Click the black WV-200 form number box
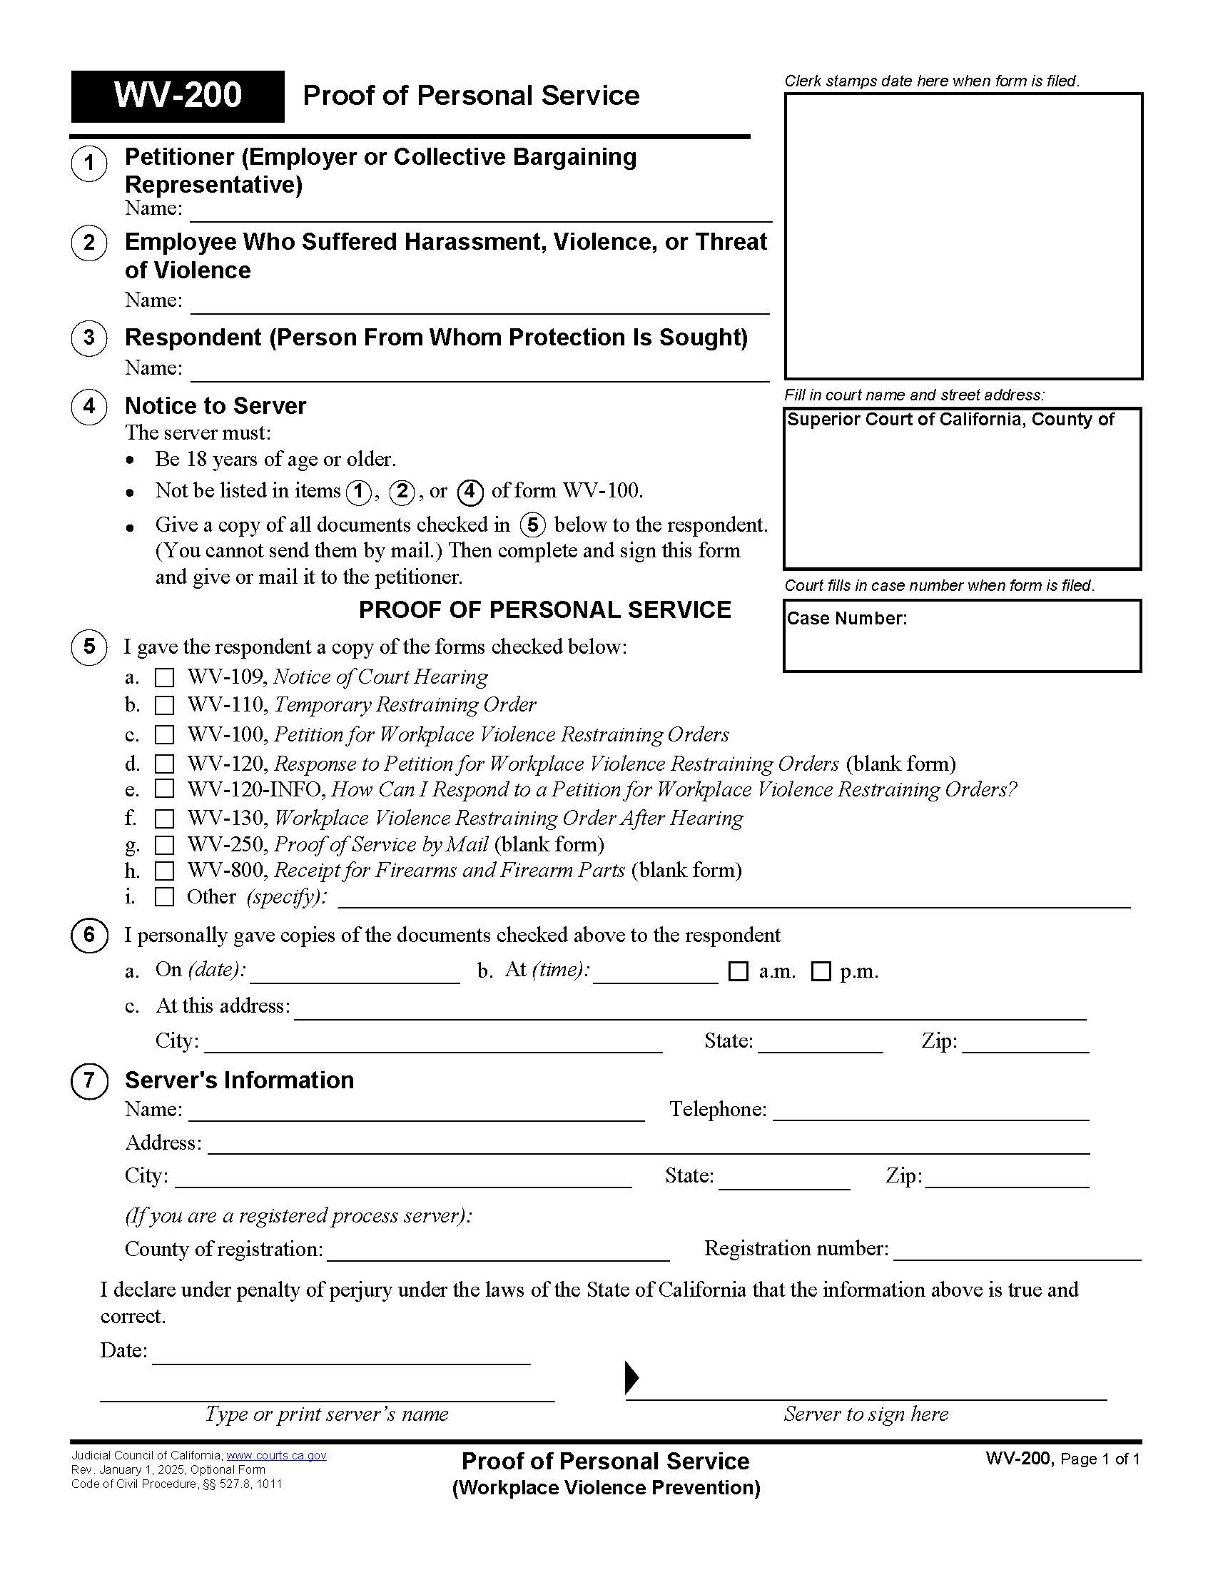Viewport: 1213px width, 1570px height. [x=178, y=96]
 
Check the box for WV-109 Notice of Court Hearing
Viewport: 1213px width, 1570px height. [x=165, y=678]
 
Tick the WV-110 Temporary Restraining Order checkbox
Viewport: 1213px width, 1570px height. [x=165, y=705]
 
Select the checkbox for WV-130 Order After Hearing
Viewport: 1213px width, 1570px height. [x=165, y=819]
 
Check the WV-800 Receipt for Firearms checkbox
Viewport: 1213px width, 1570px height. [x=165, y=871]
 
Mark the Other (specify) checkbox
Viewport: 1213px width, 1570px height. [x=165, y=897]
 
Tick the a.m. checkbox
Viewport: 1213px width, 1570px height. [x=738, y=972]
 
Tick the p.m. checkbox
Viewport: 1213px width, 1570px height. [x=821, y=972]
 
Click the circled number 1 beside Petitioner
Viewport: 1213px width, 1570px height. [x=89, y=163]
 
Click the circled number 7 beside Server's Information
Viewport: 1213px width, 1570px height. [x=89, y=1080]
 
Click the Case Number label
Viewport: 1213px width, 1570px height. [x=846, y=619]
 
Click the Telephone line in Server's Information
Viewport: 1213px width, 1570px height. [x=930, y=1111]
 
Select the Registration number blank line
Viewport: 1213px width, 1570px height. [x=1017, y=1251]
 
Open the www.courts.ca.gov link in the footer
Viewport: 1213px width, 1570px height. [x=276, y=1456]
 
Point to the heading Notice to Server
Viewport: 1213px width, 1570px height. [x=215, y=406]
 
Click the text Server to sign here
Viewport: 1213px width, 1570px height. [x=866, y=1414]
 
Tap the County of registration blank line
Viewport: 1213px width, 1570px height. [x=497, y=1252]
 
